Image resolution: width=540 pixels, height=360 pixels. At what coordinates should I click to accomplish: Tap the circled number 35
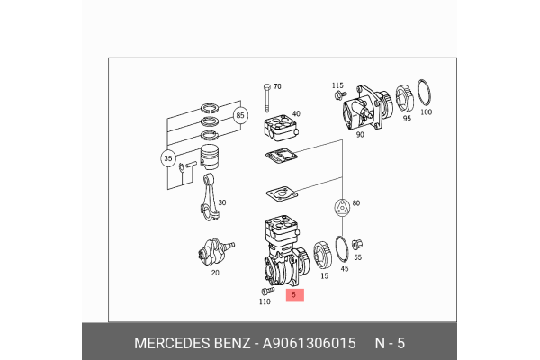[x=168, y=161]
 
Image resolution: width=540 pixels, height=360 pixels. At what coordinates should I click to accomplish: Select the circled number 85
[x=240, y=116]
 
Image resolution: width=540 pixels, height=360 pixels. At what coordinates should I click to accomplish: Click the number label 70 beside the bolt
[x=277, y=86]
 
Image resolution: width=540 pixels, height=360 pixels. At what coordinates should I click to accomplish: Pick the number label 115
[x=337, y=85]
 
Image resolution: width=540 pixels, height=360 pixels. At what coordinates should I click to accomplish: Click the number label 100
[x=426, y=112]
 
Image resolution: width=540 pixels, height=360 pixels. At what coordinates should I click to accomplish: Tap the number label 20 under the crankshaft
[x=213, y=273]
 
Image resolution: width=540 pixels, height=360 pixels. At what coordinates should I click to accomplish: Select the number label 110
[x=265, y=301]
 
